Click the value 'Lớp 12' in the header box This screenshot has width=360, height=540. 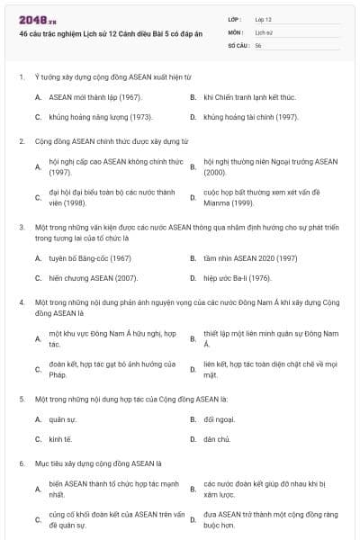click(x=263, y=18)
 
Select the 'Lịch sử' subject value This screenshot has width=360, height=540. click(x=263, y=31)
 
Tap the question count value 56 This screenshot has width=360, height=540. click(x=258, y=45)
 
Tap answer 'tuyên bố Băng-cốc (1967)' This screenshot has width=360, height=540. click(x=90, y=257)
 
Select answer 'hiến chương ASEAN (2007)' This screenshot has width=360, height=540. click(x=93, y=279)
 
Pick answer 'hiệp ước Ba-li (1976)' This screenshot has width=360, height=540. click(x=237, y=279)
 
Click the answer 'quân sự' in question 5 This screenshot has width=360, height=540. click(x=62, y=419)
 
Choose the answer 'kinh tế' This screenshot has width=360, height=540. click(x=60, y=439)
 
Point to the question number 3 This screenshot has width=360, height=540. click(x=22, y=227)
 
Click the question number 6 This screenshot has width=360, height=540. click(x=22, y=463)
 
